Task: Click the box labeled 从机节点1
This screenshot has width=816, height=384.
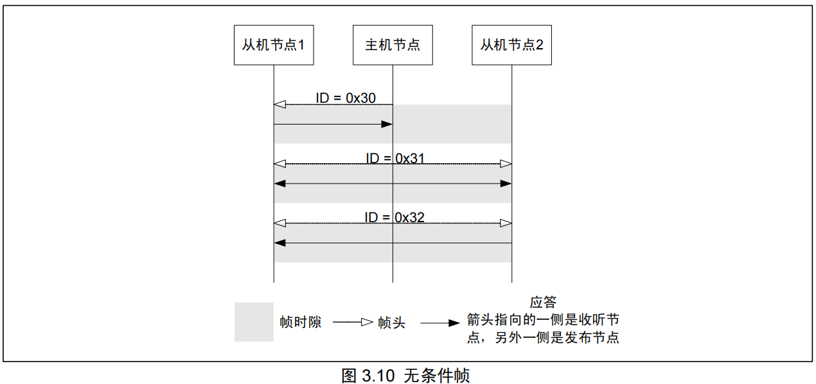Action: tap(273, 45)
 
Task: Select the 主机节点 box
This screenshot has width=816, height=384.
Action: tap(393, 45)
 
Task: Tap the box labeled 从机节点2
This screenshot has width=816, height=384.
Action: tap(511, 45)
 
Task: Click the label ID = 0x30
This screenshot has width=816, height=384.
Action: tap(345, 98)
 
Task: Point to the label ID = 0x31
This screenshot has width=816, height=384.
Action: tap(395, 157)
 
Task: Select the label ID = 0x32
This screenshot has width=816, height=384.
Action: tap(395, 217)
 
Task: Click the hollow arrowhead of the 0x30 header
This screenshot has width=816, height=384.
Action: tap(279, 105)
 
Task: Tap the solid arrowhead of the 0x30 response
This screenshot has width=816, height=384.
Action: tap(387, 124)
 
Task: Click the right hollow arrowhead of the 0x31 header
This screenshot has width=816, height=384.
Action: tap(506, 164)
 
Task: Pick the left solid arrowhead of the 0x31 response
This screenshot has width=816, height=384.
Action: tap(279, 184)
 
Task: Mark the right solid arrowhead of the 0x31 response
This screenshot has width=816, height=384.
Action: tap(506, 184)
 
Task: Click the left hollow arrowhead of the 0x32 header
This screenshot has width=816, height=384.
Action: tap(279, 223)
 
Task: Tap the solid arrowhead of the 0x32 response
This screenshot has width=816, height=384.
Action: tap(279, 243)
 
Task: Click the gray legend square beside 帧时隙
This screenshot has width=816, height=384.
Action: tap(253, 322)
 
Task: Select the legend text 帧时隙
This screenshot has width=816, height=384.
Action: tap(300, 322)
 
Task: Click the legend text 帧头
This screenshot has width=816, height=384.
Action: tap(392, 322)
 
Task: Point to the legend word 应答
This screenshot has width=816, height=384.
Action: tap(543, 302)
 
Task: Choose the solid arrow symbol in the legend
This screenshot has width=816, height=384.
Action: tap(441, 323)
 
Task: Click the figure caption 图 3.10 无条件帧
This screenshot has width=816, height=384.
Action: tap(405, 375)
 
